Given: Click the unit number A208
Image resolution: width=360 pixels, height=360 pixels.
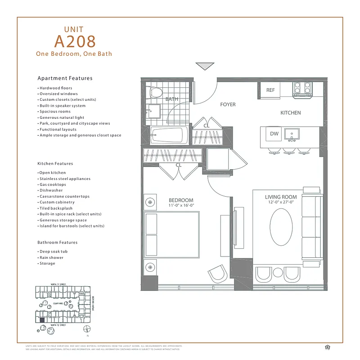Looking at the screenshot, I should point(75,41).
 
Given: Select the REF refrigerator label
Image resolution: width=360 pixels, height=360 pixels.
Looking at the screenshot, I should point(270,90).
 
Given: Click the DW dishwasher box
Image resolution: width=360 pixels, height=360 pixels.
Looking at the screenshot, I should point(274,134).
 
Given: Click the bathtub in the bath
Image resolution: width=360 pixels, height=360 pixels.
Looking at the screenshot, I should point(168,135).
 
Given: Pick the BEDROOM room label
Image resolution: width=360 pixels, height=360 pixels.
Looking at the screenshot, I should point(181,200).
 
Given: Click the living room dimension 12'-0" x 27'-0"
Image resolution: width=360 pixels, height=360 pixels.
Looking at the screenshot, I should point(281,202).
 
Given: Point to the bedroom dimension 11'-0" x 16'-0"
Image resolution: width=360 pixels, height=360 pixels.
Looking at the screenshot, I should point(181,206).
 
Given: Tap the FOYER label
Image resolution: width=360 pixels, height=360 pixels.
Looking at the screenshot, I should point(228,104).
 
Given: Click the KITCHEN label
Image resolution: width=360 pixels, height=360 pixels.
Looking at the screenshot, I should point(290,112).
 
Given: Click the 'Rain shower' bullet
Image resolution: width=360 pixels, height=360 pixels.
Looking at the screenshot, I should point(51,257).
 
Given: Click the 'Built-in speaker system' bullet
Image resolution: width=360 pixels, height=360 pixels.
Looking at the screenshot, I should point(62,106).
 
